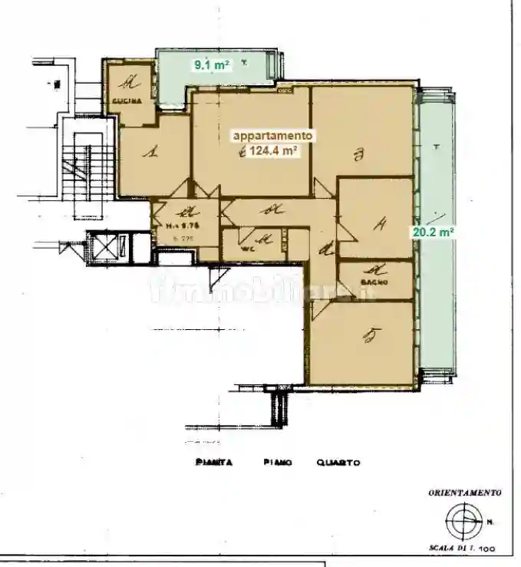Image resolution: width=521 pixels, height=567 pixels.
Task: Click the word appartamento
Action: tap(272, 136)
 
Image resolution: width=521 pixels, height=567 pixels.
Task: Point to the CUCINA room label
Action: tap(126, 101)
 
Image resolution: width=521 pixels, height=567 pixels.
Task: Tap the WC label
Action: tap(246, 249)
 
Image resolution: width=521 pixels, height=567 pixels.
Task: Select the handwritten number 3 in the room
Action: tap(358, 157)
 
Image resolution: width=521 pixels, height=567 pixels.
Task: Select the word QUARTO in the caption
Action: tap(338, 463)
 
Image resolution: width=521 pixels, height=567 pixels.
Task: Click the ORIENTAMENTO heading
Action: tap(465, 493)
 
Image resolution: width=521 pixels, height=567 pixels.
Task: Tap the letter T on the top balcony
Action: tap(244, 61)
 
